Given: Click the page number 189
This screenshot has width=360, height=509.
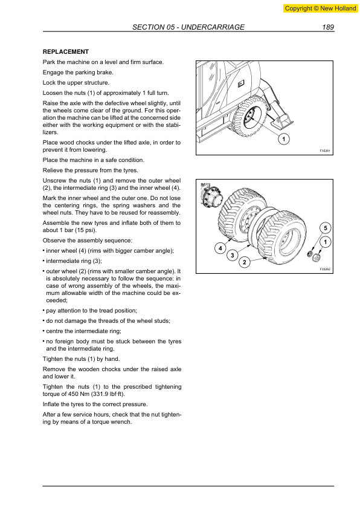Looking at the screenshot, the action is point(328,27).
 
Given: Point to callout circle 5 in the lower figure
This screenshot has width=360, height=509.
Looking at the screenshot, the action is point(325,228).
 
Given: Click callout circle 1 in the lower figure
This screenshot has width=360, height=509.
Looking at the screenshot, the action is point(325,242).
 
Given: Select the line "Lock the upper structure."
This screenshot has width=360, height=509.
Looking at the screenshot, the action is point(76,82).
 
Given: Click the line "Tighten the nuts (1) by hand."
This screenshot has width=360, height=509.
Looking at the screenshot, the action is point(82,358).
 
